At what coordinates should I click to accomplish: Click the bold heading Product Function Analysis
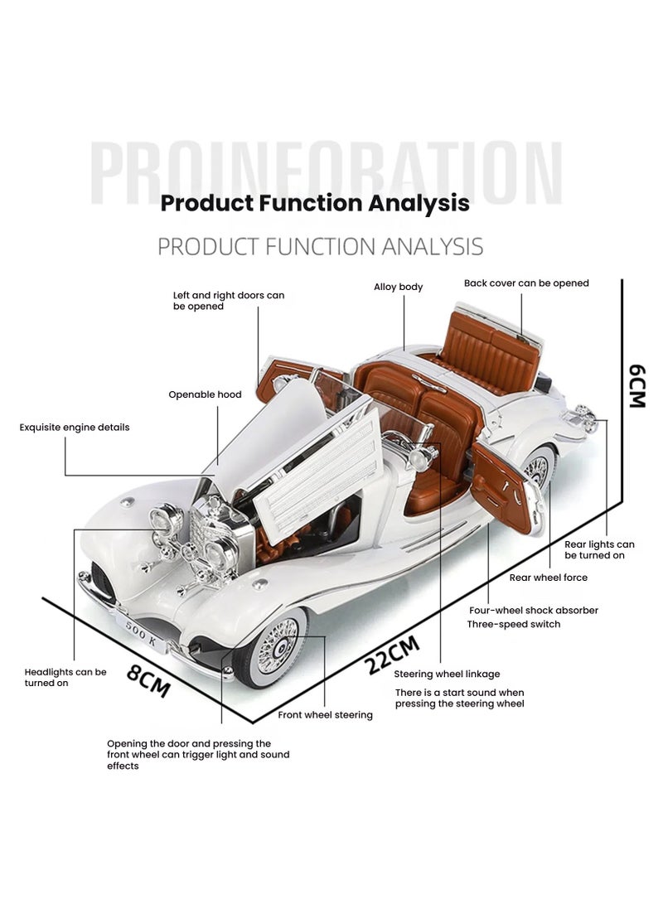coord(315,203)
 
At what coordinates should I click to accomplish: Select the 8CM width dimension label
coord(149,680)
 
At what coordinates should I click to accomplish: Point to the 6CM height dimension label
coord(636,385)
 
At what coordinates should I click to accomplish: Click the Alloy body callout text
coord(398,287)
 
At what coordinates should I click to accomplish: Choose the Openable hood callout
coord(205,394)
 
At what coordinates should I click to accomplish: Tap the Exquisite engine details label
coord(75,428)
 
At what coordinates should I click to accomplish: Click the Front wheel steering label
coord(325,714)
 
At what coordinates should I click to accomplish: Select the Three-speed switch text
coord(513,624)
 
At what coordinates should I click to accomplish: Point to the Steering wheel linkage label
coord(447,674)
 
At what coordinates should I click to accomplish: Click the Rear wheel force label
coord(548,578)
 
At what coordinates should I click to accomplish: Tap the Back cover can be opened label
coord(526,283)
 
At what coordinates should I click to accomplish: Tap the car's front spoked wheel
coord(277,645)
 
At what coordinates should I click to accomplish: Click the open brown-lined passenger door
coord(503,486)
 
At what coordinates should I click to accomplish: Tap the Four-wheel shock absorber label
coord(533,611)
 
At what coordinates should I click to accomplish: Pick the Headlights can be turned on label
coord(65,677)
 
